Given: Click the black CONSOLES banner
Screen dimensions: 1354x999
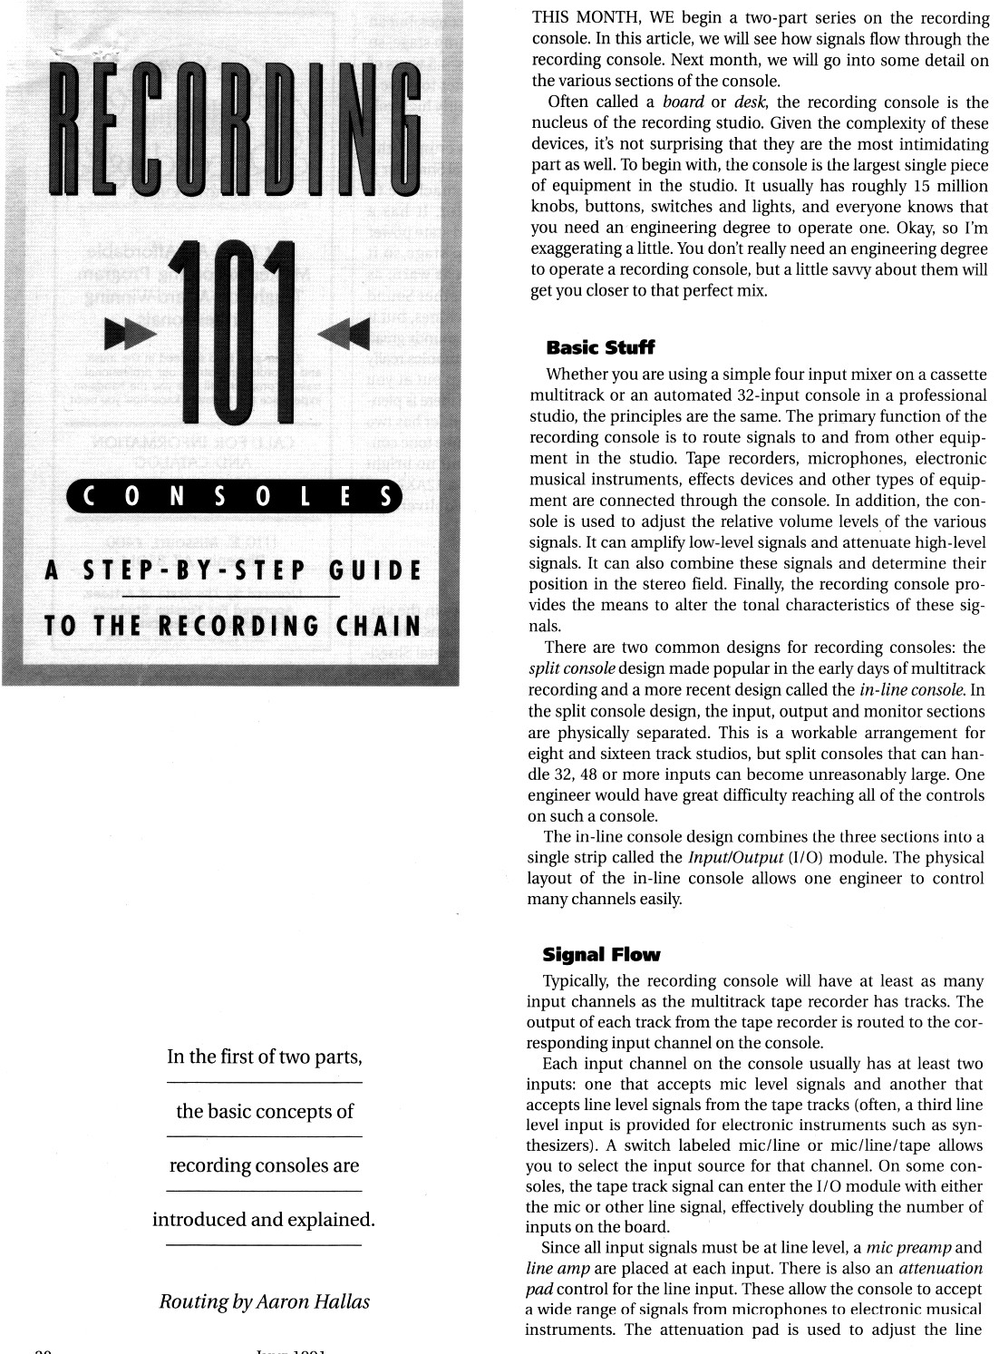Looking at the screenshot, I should [x=235, y=497].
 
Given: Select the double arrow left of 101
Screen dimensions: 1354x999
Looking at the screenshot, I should [x=124, y=335].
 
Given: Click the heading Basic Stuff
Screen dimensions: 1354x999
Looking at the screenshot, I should [x=599, y=347].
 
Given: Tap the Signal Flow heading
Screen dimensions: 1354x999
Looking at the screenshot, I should [x=601, y=954].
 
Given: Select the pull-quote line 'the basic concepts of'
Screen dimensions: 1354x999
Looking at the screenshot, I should [x=265, y=1112].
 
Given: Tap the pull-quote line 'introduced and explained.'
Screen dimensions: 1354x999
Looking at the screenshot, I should [x=264, y=1220].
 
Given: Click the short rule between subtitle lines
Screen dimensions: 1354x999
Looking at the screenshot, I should [x=230, y=597].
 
